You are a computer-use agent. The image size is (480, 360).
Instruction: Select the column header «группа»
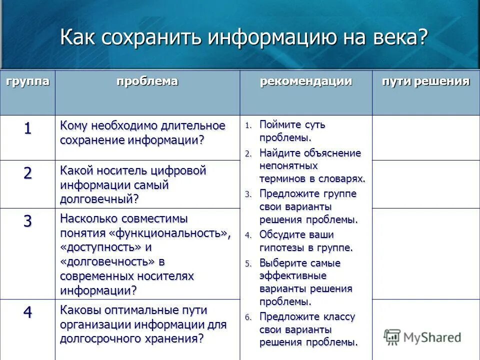[x=28, y=81]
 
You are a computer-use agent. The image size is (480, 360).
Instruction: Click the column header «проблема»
[x=147, y=81]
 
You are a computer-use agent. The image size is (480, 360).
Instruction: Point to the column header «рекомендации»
[x=305, y=81]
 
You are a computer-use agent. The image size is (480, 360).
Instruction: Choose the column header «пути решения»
[x=426, y=81]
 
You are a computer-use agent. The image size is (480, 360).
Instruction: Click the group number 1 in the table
[x=27, y=128]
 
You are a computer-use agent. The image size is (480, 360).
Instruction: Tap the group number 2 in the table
[x=27, y=173]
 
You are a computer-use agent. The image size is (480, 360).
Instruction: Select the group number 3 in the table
[x=27, y=221]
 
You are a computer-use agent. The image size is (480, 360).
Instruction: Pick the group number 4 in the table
[x=27, y=312]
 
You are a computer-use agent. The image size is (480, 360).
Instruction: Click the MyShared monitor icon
[x=392, y=336]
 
